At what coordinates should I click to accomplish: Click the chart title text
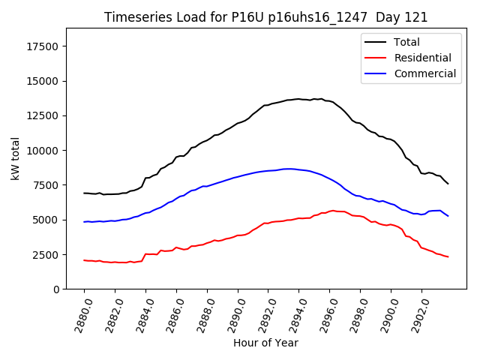(x=266, y=17)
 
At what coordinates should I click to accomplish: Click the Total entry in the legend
(x=406, y=42)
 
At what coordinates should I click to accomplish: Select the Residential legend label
(x=422, y=58)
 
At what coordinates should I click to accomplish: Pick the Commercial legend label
(x=424, y=73)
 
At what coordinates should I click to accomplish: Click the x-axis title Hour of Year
(x=265, y=343)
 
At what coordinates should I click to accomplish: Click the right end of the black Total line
(x=448, y=184)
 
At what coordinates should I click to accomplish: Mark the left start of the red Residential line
(x=84, y=260)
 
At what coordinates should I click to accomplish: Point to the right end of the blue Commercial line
(x=448, y=216)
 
